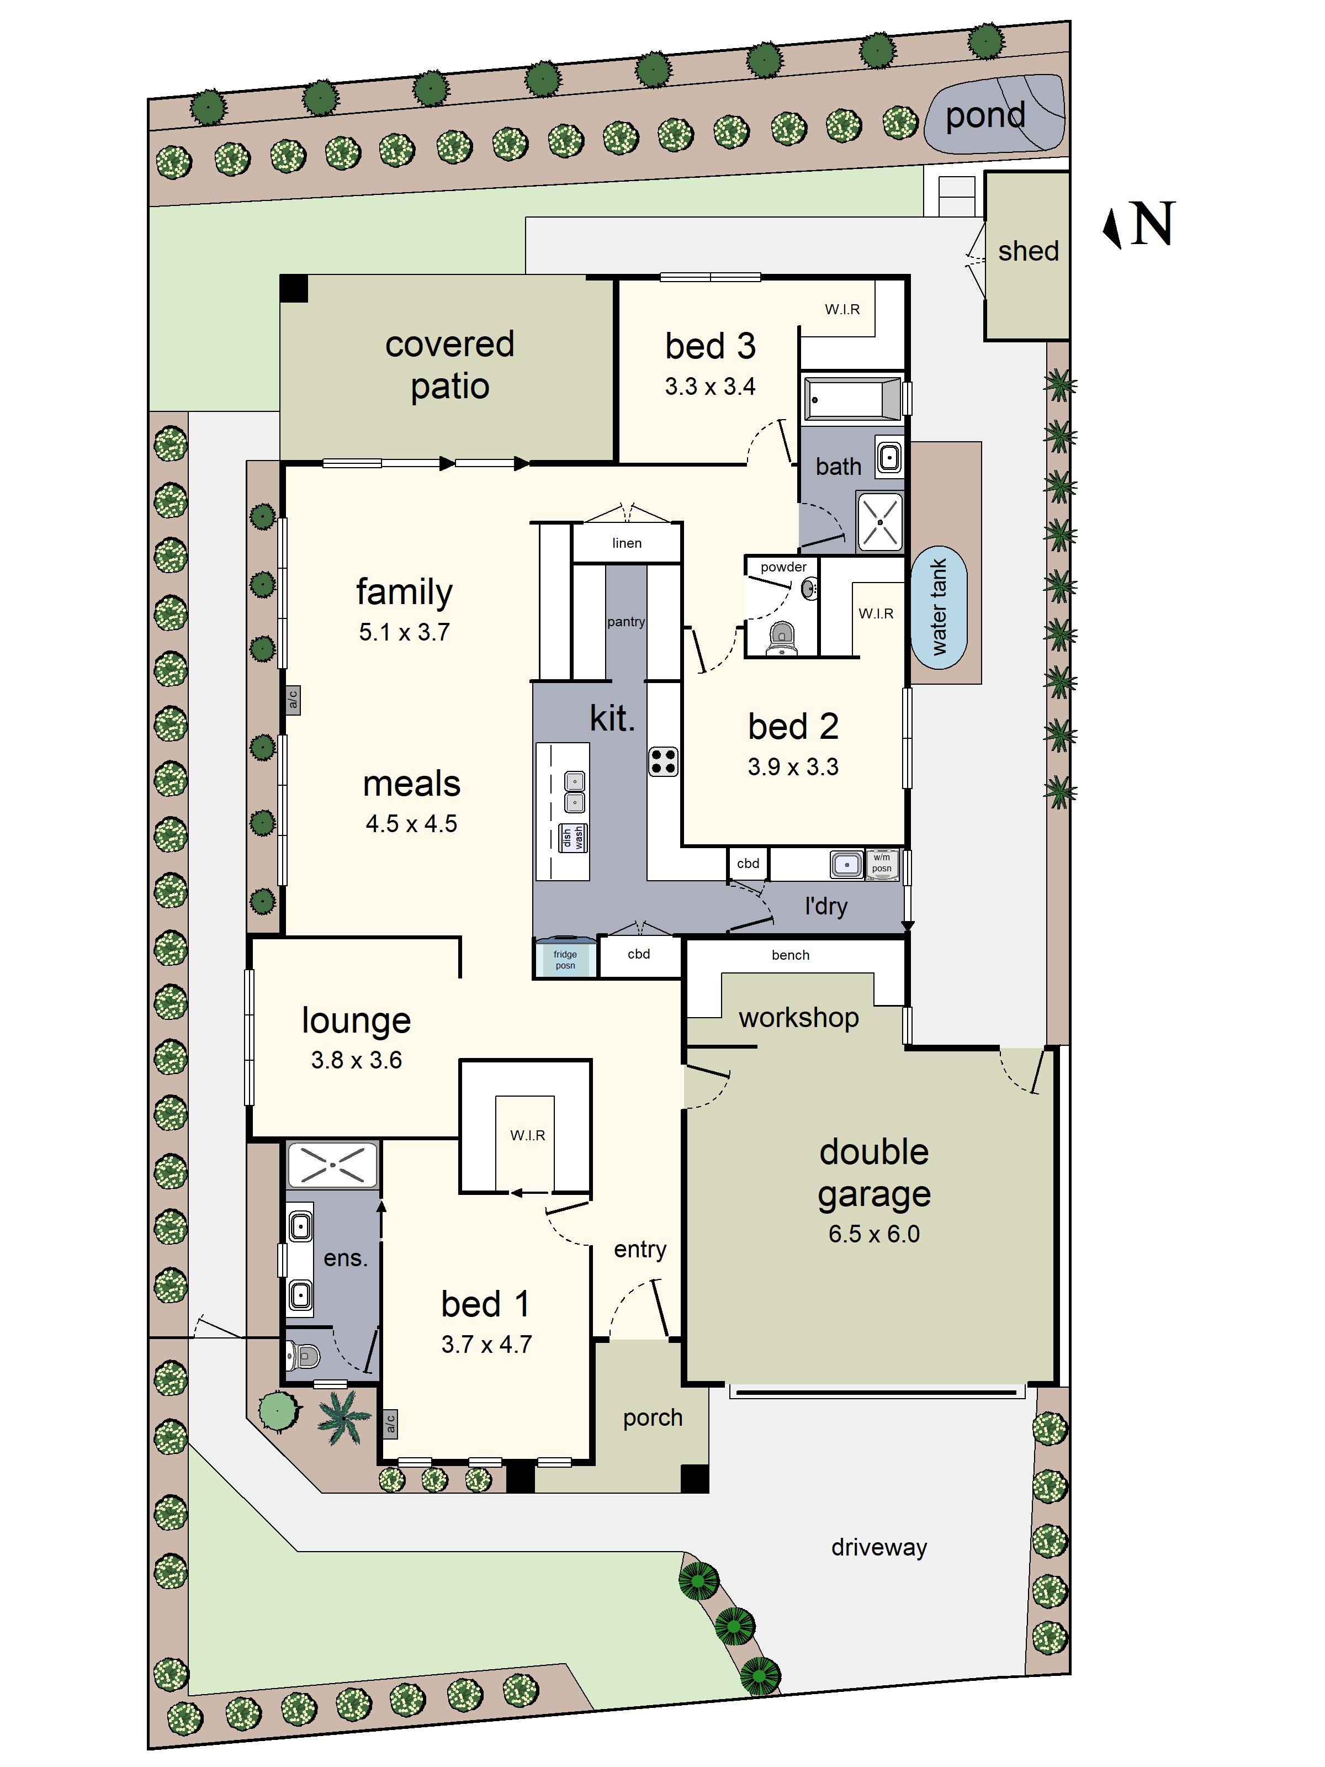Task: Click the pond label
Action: pos(985,116)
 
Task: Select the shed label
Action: pos(1028,251)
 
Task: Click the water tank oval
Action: pos(939,607)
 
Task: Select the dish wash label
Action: pos(573,837)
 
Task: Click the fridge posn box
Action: pos(565,959)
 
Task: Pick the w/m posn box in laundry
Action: pos(882,864)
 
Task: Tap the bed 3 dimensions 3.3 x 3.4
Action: pos(710,387)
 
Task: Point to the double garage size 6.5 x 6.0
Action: pos(874,1234)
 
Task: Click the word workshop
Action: pos(799,1018)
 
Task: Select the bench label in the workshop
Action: pos(790,955)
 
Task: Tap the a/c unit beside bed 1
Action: pos(390,1422)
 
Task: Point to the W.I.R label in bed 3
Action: pos(842,309)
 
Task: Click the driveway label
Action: pos(878,1547)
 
